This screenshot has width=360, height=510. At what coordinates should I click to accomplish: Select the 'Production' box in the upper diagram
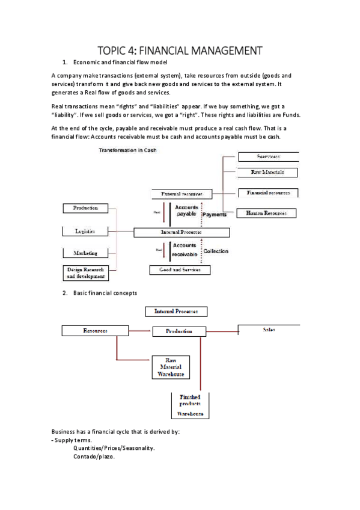pyautogui.click(x=85, y=208)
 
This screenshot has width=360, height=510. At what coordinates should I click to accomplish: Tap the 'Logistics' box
pyautogui.click(x=85, y=231)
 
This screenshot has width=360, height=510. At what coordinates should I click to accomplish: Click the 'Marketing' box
pyautogui.click(x=85, y=253)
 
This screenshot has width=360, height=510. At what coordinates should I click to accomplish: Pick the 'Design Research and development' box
pyautogui.click(x=85, y=273)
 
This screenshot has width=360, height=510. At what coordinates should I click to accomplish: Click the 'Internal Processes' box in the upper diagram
pyautogui.click(x=181, y=232)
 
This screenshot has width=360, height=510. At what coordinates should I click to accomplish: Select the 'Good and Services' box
pyautogui.click(x=180, y=270)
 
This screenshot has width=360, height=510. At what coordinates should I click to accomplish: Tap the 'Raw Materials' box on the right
pyautogui.click(x=267, y=173)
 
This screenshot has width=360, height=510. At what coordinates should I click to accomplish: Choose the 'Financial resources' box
pyautogui.click(x=268, y=193)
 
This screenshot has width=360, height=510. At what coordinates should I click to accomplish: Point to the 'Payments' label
pyautogui.click(x=215, y=214)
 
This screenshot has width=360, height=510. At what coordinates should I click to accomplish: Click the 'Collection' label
pyautogui.click(x=216, y=251)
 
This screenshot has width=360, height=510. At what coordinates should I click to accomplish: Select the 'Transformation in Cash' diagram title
pyautogui.click(x=127, y=150)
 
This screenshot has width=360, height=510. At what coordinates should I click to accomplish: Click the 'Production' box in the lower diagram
pyautogui.click(x=179, y=331)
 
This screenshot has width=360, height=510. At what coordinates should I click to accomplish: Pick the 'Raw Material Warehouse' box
pyautogui.click(x=171, y=366)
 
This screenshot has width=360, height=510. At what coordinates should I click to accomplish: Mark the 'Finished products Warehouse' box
pyautogui.click(x=190, y=405)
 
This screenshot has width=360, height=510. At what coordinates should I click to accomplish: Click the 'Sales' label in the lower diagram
pyautogui.click(x=269, y=330)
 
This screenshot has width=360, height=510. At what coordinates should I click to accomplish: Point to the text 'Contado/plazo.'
pyautogui.click(x=93, y=456)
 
